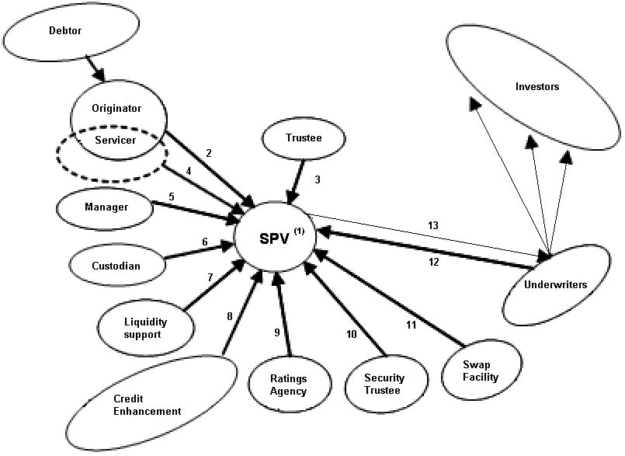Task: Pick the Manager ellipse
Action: click(105, 207)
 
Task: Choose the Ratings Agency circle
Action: click(288, 385)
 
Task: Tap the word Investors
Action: click(536, 87)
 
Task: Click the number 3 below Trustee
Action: click(317, 180)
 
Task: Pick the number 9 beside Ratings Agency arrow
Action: click(276, 332)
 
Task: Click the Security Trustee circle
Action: click(384, 384)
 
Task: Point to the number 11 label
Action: click(411, 326)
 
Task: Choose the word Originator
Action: click(117, 108)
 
